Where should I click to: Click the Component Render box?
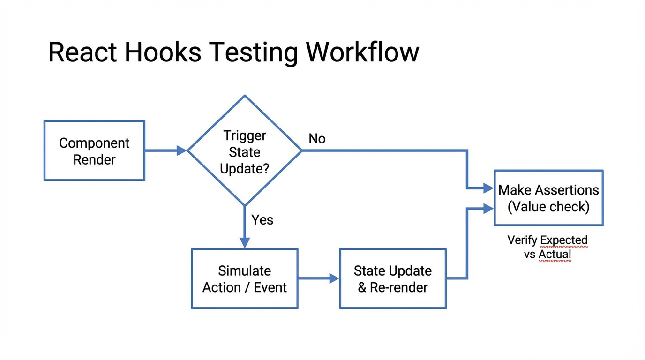point(94,151)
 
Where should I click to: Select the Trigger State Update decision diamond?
point(245,151)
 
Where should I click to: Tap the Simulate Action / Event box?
point(245,279)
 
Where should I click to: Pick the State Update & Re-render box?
point(393,279)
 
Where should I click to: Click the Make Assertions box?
point(548,198)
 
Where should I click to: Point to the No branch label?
point(317,139)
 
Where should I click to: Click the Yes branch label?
point(262,220)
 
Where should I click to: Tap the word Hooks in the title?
point(162,52)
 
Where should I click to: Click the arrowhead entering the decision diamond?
point(181,150)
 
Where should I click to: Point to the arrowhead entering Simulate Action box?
point(245,243)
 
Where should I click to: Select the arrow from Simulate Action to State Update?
point(318,278)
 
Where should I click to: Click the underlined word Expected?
point(563,240)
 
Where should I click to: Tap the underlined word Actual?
point(555,255)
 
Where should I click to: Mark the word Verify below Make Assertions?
point(522,240)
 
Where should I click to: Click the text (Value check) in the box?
point(548,207)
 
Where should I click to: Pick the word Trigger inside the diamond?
point(245,135)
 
